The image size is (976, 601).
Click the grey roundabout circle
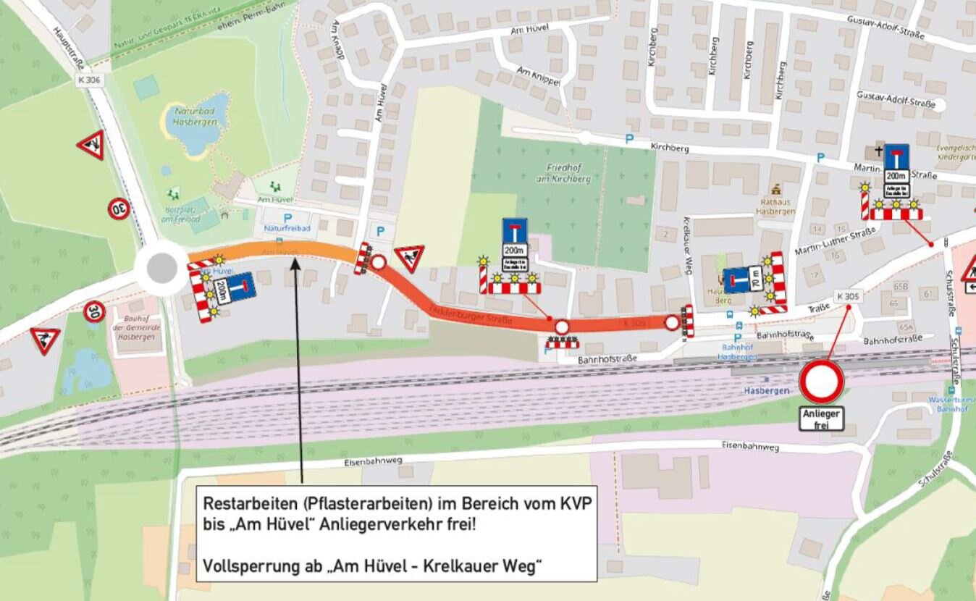pos(161,269)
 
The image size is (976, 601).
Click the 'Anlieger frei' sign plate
pos(821,419)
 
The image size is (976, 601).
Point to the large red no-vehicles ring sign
pos(821,382)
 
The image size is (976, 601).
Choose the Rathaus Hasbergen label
pos(775,206)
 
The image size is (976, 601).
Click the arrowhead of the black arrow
pos(295,260)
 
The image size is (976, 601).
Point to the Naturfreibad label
pos(287,229)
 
